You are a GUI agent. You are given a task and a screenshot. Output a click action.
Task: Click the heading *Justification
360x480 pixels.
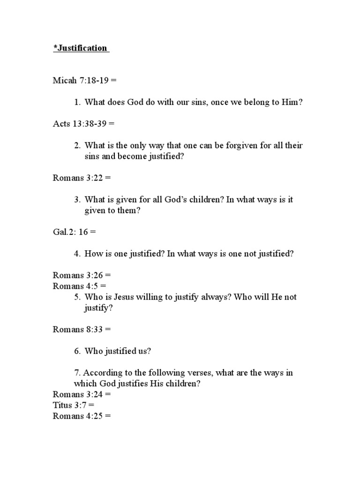point(80,48)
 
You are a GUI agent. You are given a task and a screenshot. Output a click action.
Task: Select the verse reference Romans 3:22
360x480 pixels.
point(78,178)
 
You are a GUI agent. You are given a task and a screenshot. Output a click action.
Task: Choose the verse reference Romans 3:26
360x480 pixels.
point(78,275)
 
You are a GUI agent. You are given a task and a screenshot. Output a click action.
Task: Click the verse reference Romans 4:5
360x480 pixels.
point(76,286)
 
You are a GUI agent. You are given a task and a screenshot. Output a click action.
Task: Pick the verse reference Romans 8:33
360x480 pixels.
point(78,329)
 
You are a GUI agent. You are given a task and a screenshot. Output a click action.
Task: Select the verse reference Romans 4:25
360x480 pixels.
point(78,415)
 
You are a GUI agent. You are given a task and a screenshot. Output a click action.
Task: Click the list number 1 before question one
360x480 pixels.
point(77,102)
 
